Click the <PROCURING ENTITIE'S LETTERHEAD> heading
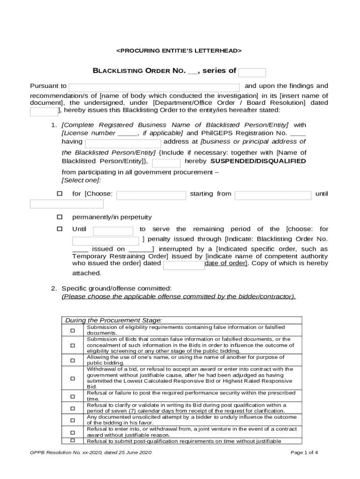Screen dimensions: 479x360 pos(179,50)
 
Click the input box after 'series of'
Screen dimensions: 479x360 pos(252,73)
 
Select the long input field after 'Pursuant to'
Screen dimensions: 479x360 pos(154,87)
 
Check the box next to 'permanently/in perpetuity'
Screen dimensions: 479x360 pos(59,217)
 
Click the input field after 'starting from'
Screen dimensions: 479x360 pos(273,195)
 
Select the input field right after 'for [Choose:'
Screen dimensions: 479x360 pos(151,195)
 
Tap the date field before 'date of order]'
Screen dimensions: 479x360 pos(184,265)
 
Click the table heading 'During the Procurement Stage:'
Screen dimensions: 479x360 pos(114,320)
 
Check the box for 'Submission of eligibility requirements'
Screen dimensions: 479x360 pos(72,331)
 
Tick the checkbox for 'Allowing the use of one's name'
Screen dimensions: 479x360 pos(72,360)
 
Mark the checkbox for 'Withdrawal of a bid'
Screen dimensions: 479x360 pos(72,378)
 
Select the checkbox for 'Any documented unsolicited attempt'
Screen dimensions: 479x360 pos(72,420)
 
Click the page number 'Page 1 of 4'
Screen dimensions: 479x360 pos(304,452)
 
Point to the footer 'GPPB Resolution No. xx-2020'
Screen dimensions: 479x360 pos(89,452)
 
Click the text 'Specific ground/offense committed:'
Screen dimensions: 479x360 pos(117,288)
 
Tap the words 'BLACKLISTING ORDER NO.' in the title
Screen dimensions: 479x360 pos(139,71)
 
